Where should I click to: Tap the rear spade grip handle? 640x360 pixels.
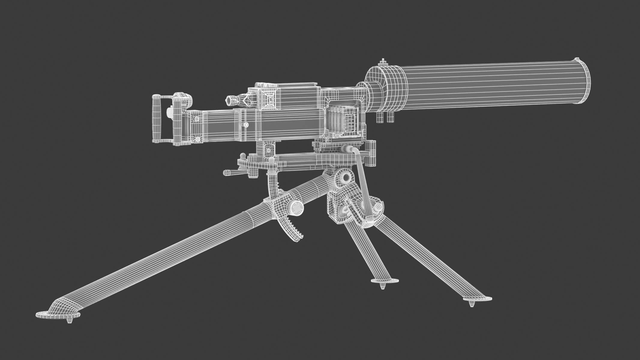click(157, 118)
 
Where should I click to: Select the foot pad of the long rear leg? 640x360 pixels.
click(58, 315)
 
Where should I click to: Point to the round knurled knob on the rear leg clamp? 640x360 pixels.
click(296, 207)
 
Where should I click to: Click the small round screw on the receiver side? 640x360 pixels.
click(246, 124)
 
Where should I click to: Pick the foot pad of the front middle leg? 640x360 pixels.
click(385, 281)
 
